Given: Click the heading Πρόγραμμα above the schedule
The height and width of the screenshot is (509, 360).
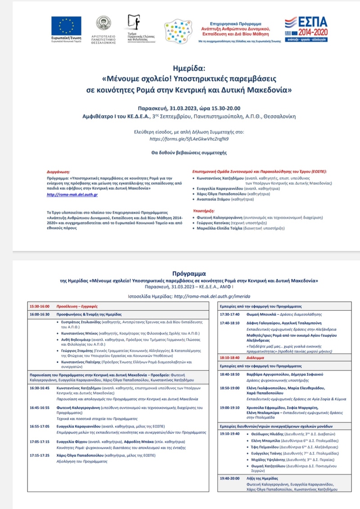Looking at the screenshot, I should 189,272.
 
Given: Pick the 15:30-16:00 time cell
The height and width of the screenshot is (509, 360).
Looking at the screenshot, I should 39,306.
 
